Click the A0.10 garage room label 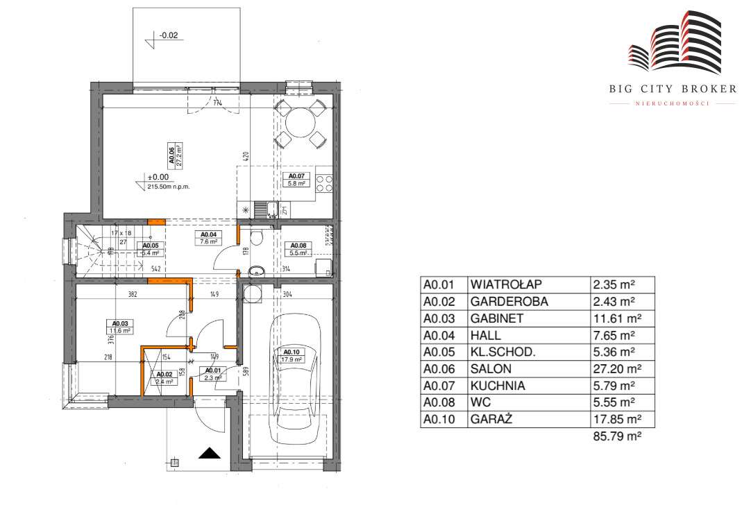[x=291, y=356]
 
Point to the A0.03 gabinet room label [x=118, y=327]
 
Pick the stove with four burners [x=324, y=182]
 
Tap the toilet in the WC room [x=256, y=238]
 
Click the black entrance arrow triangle [x=210, y=454]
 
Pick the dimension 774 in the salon [x=218, y=104]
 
